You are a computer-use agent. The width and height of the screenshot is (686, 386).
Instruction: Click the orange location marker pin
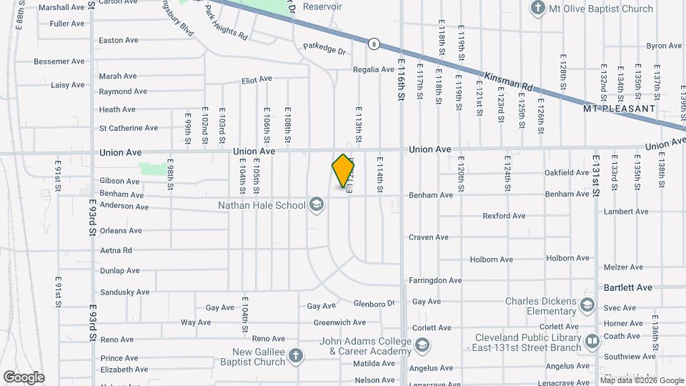pyautogui.click(x=344, y=170)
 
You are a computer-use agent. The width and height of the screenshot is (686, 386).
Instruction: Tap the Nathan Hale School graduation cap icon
pyautogui.click(x=316, y=206)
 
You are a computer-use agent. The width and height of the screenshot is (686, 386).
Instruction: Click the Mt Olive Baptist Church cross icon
pyautogui.click(x=537, y=9)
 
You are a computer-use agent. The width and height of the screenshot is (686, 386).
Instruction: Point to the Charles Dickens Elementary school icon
pyautogui.click(x=587, y=306)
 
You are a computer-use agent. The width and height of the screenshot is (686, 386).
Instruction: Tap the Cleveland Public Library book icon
pyautogui.click(x=592, y=342)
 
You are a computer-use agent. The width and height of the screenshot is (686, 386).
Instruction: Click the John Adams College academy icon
pyautogui.click(x=423, y=347)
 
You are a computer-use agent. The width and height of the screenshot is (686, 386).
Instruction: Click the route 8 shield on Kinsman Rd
pyautogui.click(x=374, y=44)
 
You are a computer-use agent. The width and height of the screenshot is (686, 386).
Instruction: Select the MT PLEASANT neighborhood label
pyautogui.click(x=619, y=109)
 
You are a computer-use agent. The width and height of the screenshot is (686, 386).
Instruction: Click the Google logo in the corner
pyautogui.click(x=23, y=377)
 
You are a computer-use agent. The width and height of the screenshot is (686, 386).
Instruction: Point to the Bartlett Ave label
pyautogui.click(x=628, y=287)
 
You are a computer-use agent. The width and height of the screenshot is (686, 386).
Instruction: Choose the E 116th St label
pyautogui.click(x=402, y=79)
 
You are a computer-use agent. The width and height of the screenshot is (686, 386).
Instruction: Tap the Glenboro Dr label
pyautogui.click(x=374, y=304)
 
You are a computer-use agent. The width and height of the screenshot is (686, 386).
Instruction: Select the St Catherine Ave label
pyautogui.click(x=129, y=128)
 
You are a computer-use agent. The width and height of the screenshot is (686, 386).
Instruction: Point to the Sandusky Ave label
pyautogui.click(x=124, y=292)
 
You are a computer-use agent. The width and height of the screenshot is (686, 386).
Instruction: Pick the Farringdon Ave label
pyautogui.click(x=436, y=280)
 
